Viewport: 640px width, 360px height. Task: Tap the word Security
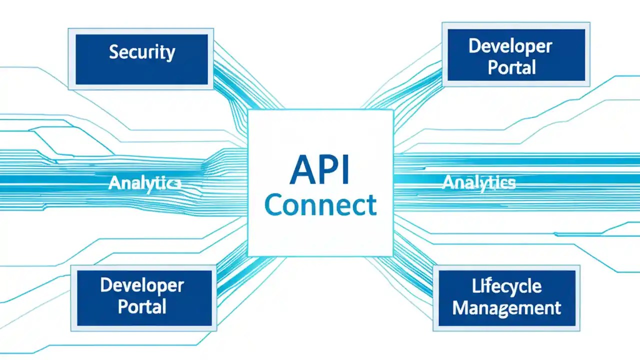pos(142,52)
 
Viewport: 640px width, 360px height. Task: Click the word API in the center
pos(320,170)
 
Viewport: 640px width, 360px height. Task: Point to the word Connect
pos(320,205)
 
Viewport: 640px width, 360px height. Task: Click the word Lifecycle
pos(506,286)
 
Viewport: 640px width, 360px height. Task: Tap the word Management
pos(506,307)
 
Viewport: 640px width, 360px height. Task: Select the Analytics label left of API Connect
pos(144,183)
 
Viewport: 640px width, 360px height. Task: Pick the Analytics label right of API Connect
pos(478,183)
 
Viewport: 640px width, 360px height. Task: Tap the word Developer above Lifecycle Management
pos(510,47)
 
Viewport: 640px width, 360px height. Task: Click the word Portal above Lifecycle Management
pos(511,67)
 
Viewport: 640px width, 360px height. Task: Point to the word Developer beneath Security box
pos(142,285)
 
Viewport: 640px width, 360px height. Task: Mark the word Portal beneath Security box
pos(142,306)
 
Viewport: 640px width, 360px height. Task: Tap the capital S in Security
pos(114,52)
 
